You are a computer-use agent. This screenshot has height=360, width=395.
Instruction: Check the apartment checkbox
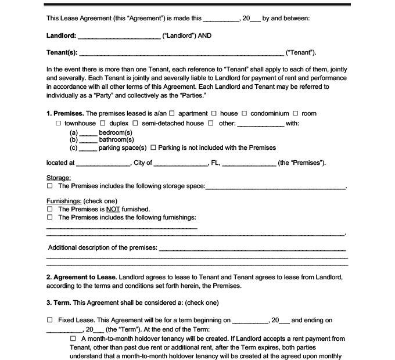pyautogui.click(x=172, y=113)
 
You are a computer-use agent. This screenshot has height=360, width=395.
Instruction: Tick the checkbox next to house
pyautogui.click(x=214, y=113)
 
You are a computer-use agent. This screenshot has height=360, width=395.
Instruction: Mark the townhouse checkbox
pyautogui.click(x=58, y=124)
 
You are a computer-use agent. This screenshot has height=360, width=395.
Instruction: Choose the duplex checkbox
pyautogui.click(x=103, y=124)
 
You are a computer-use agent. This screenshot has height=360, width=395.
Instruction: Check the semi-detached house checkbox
pyautogui.click(x=135, y=124)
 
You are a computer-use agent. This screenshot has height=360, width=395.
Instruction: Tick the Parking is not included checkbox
pyautogui.click(x=153, y=147)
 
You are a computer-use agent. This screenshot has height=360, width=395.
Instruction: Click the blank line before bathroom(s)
pyautogui.click(x=88, y=140)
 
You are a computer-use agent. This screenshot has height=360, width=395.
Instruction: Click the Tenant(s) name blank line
pyautogui.click(x=180, y=53)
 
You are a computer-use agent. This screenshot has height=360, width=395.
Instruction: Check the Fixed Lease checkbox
pyautogui.click(x=50, y=320)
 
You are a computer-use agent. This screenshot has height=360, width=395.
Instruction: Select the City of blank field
pyautogui.click(x=181, y=163)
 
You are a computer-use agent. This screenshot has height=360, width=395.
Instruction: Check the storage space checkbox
pyautogui.click(x=50, y=186)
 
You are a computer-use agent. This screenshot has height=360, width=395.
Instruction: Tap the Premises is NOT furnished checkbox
pyautogui.click(x=50, y=209)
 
